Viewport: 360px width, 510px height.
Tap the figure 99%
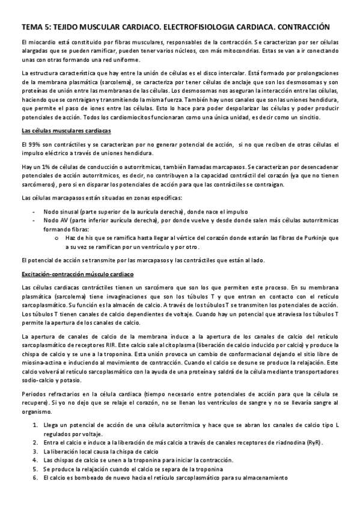point(34,145)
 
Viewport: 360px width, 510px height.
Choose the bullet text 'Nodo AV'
point(55,220)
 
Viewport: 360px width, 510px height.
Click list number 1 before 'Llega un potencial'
point(35,426)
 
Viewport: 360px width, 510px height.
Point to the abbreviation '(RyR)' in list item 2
point(314,443)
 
